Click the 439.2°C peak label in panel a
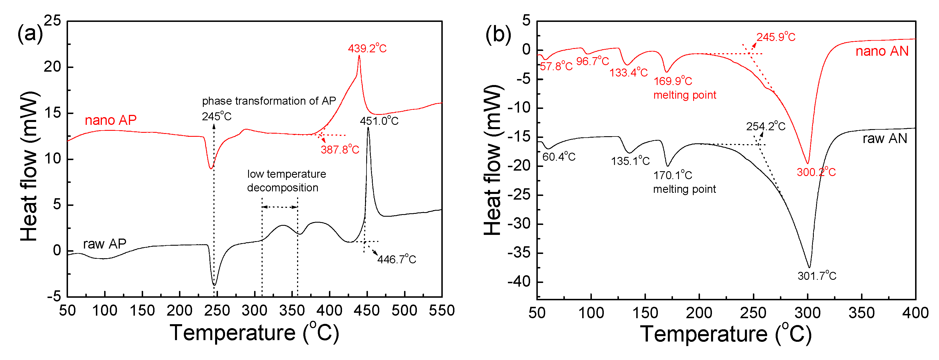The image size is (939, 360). click(367, 48)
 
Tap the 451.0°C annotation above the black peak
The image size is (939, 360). click(379, 121)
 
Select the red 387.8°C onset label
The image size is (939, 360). click(340, 149)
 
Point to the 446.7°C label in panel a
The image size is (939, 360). click(396, 259)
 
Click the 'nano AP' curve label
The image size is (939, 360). click(110, 120)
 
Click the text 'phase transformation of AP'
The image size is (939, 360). click(269, 101)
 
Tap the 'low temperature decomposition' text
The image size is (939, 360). click(286, 181)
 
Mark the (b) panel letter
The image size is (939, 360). click(498, 35)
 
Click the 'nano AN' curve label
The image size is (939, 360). click(882, 51)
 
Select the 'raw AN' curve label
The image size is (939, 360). click(884, 138)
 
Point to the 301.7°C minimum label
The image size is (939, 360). click(817, 276)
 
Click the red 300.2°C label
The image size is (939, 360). click(816, 172)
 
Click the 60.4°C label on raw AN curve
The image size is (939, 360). click(559, 157)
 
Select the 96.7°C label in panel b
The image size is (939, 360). click(592, 61)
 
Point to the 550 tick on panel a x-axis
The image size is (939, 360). click(441, 311)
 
